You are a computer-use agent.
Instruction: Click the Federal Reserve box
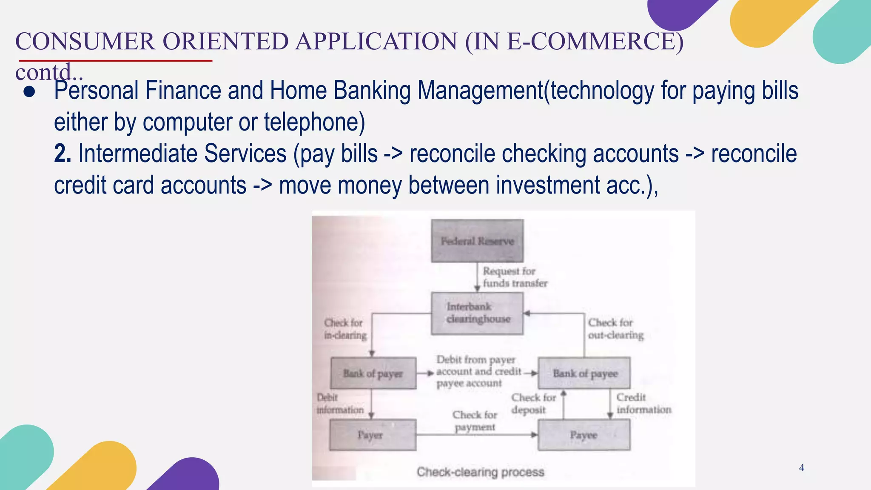coord(477,241)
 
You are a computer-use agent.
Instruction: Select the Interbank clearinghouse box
coord(477,313)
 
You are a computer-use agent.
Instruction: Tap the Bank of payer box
coord(373,373)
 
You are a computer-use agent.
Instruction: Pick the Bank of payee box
coord(584,373)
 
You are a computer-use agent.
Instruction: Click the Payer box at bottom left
coord(373,435)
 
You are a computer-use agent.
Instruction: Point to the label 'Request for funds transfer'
coord(514,277)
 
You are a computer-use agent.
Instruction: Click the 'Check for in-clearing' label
coord(345,329)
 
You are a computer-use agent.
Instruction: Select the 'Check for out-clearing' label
coord(615,329)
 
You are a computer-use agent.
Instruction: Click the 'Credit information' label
coord(643,403)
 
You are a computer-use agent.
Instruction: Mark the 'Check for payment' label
coord(475,421)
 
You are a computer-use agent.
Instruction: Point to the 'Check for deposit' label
coord(533,404)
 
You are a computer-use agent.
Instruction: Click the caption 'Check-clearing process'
coord(480,472)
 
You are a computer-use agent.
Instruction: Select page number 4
coord(801,468)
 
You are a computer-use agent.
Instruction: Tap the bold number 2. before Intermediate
coord(62,154)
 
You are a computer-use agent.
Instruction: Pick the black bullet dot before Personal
coord(29,92)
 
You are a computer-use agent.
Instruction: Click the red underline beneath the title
coord(115,61)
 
